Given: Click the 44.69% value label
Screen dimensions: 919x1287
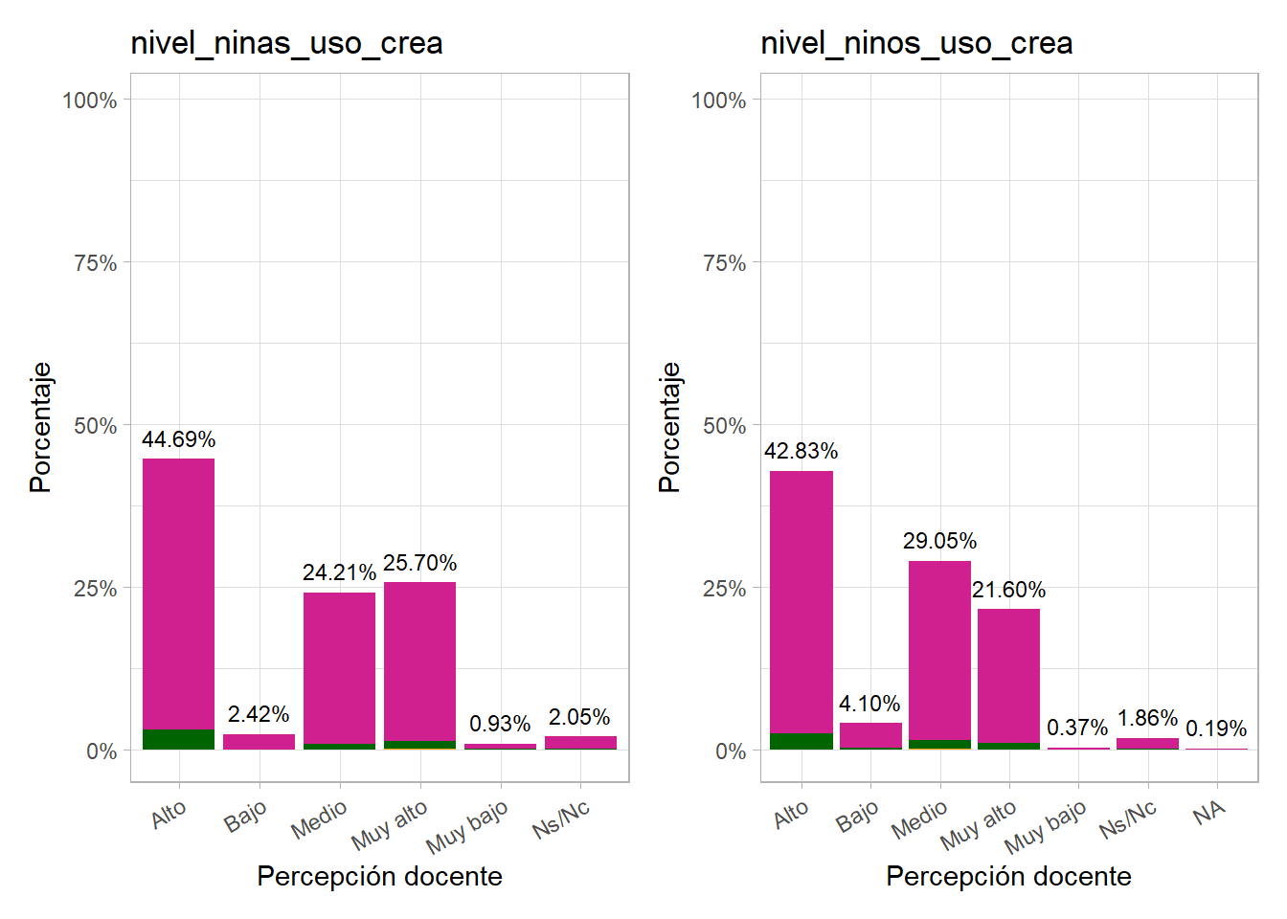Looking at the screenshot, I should coord(178,439).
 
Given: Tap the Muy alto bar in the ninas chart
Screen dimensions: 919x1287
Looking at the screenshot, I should coord(419,661).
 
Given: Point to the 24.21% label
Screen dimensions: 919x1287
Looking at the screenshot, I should coord(339,572).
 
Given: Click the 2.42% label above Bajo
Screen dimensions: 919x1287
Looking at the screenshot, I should coord(259,714).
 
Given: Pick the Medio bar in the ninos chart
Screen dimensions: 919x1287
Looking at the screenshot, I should coord(939,651).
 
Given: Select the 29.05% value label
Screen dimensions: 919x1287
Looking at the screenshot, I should coord(939,541).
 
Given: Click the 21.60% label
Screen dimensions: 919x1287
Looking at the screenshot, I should coord(1008,590).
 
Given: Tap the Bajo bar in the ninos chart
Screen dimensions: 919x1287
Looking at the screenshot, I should coord(870,735).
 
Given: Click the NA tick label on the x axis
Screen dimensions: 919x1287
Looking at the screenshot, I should coord(1209,814).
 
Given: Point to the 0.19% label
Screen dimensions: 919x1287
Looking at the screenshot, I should coord(1216,728).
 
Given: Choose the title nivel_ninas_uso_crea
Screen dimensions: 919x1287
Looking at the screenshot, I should coord(286,43).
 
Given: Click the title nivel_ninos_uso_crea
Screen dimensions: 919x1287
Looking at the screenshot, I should coord(915,43).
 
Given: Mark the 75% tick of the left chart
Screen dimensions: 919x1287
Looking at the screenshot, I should coord(95,263).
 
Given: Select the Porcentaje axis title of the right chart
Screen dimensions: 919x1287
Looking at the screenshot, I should coord(669,427).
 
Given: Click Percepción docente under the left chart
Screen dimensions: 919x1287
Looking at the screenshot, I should coord(379,876).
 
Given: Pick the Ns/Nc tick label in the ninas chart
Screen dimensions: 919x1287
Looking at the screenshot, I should coord(561,820).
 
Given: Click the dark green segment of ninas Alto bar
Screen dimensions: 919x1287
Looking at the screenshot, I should coord(178,739).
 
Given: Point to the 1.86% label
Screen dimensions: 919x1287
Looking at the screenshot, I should coord(1147,718).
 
